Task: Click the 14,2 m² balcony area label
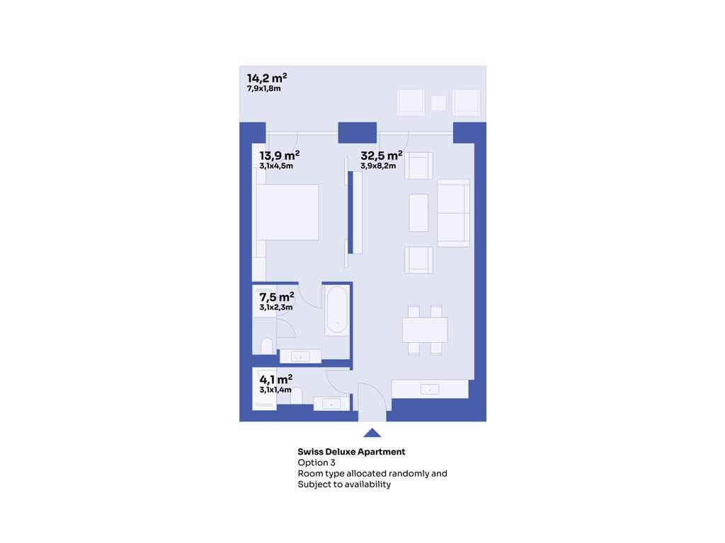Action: pos(267,78)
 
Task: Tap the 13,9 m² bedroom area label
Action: pos(279,155)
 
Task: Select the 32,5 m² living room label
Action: pos(382,155)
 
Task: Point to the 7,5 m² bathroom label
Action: pos(277,296)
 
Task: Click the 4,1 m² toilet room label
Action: pos(276,379)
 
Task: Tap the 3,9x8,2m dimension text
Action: pos(378,165)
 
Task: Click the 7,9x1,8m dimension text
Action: pos(263,88)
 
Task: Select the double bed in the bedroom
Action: pos(287,212)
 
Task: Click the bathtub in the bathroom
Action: pos(336,310)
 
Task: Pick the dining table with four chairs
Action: pos(425,329)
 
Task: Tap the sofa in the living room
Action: pos(454,213)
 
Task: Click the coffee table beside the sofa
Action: pos(418,212)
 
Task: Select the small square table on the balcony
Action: pos(438,103)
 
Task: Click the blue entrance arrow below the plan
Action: pos(372,433)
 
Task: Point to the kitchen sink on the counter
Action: pos(430,390)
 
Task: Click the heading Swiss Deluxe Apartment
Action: pos(351,452)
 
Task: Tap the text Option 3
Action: pos(316,462)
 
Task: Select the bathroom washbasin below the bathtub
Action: pos(300,356)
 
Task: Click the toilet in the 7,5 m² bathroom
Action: pos(267,346)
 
